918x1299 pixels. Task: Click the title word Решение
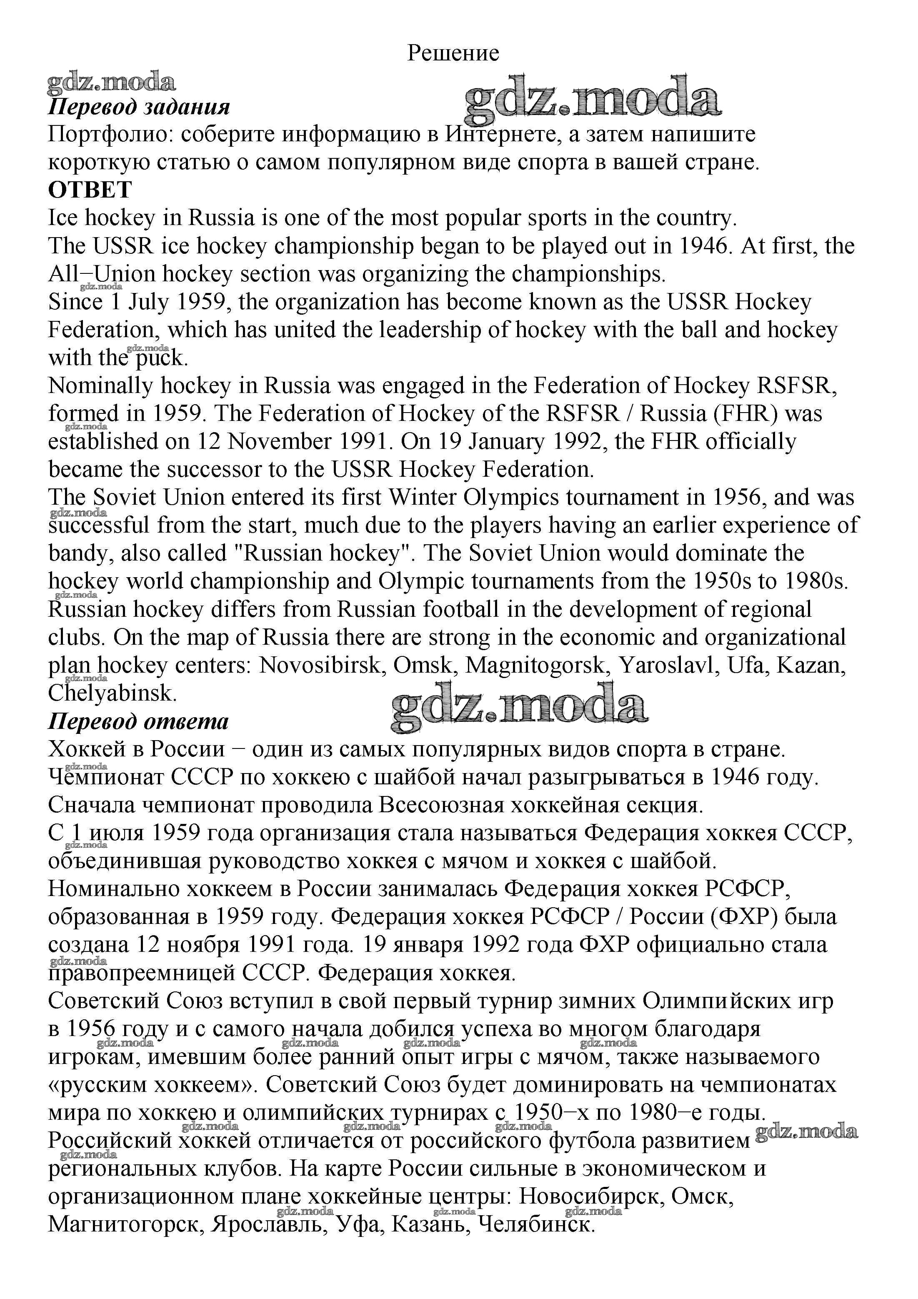tap(453, 53)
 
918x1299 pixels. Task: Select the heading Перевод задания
tap(139, 106)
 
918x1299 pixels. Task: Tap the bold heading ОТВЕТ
tap(90, 190)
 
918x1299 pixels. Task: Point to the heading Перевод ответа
tap(139, 721)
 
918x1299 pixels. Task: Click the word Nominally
tap(100, 386)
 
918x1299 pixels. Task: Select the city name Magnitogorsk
tap(535, 666)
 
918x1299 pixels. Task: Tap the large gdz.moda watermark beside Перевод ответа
tap(519, 707)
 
